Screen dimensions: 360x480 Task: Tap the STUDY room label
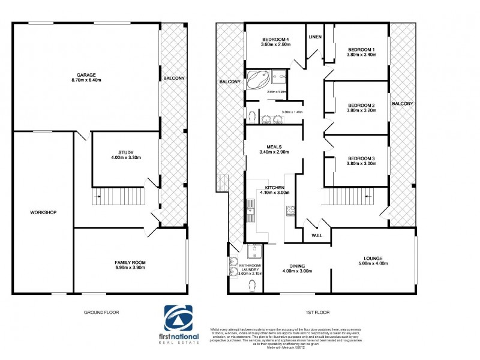[126, 152]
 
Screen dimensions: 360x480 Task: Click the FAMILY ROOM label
[130, 263]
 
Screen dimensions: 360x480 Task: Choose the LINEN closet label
[315, 37]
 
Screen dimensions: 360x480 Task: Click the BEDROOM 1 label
[361, 49]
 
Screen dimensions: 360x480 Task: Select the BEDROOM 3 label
[361, 158]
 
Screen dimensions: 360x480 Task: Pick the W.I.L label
[317, 235]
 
